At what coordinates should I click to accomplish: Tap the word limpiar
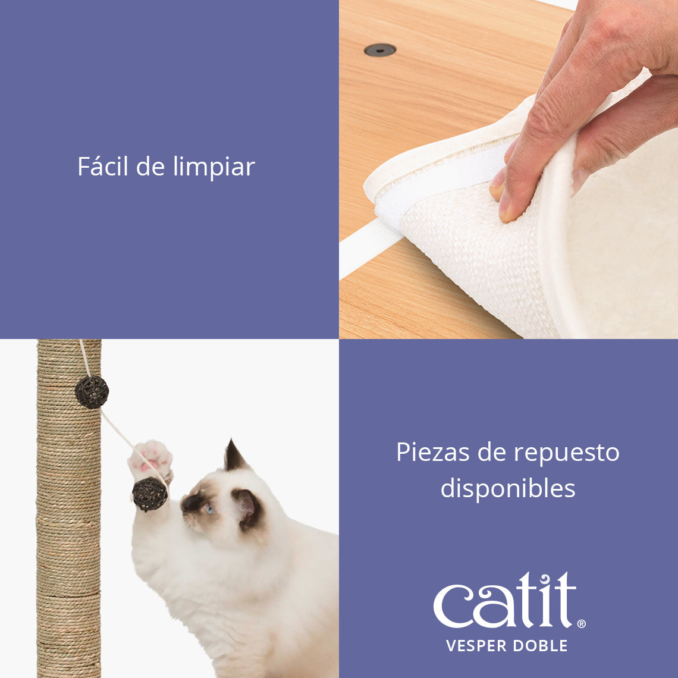tap(214, 168)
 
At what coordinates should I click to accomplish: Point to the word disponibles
tap(508, 489)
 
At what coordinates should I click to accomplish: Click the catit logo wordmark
tap(504, 601)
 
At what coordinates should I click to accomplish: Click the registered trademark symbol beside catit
tap(581, 623)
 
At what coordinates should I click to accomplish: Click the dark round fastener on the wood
tap(379, 50)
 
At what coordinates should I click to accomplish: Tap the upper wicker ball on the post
tap(92, 392)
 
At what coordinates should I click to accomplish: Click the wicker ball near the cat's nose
tap(149, 494)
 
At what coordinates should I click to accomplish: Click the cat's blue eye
tap(208, 509)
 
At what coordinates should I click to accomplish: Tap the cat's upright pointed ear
tap(234, 456)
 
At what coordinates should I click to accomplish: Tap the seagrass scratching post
tap(69, 535)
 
